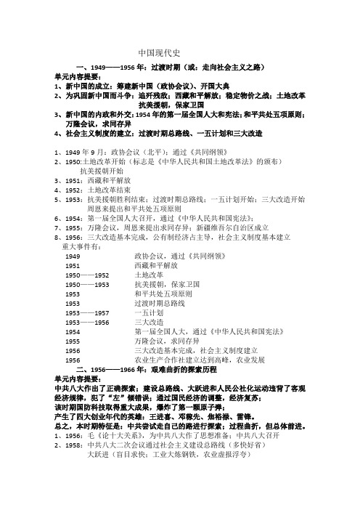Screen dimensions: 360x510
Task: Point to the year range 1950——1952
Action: [89, 276]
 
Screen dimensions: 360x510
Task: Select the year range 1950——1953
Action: [89, 286]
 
